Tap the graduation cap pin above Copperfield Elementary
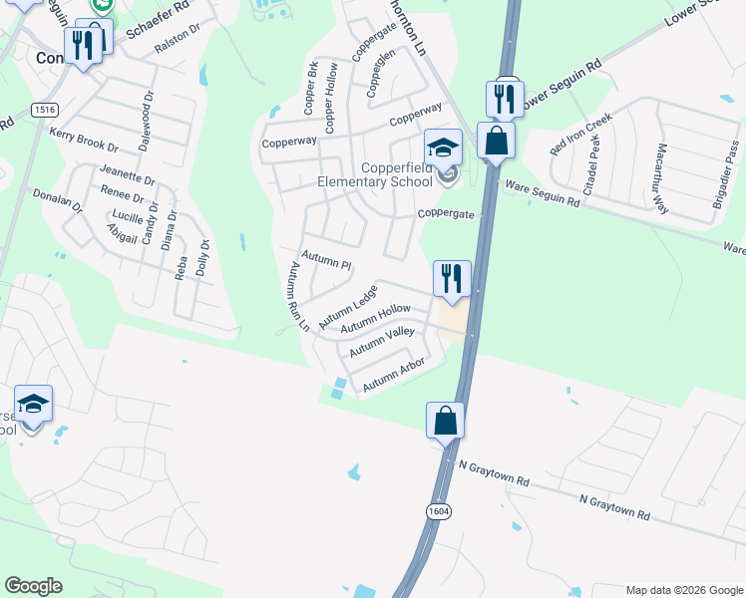click(x=443, y=149)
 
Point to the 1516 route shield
click(x=44, y=109)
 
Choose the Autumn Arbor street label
click(x=394, y=374)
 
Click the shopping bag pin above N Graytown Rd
click(x=445, y=420)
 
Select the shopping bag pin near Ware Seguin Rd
click(x=496, y=141)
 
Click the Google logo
click(x=34, y=585)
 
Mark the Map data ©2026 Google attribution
click(x=684, y=590)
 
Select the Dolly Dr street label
click(x=203, y=257)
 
